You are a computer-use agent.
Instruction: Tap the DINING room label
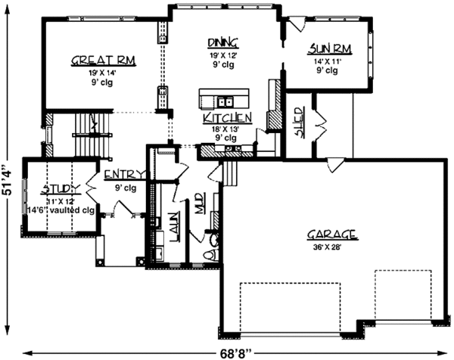pyautogui.click(x=223, y=42)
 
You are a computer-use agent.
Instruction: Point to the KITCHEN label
pyautogui.click(x=226, y=118)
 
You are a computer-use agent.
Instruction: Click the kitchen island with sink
pyautogui.click(x=224, y=98)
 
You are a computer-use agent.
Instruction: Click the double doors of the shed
pyautogui.click(x=317, y=119)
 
